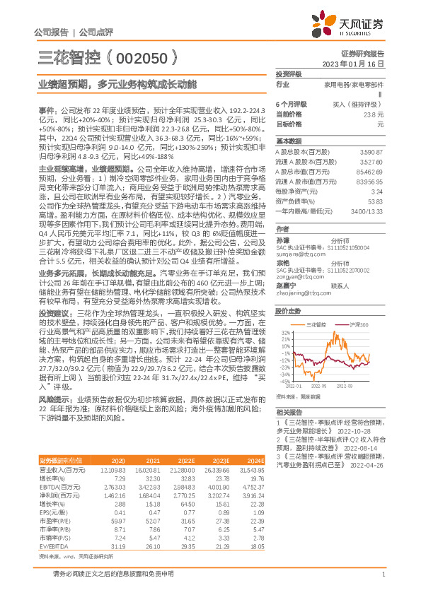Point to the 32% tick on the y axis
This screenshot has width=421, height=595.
pyautogui.click(x=284, y=331)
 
